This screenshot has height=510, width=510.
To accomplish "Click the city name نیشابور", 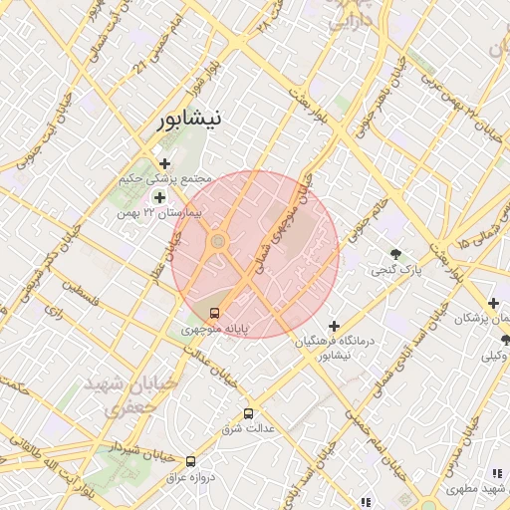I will (191, 119).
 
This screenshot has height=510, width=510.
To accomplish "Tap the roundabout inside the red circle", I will (218, 241).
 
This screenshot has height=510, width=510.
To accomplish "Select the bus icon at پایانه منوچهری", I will (216, 312).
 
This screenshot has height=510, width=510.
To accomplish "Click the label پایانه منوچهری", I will (214, 328).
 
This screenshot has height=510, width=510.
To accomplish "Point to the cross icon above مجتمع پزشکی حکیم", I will (164, 163).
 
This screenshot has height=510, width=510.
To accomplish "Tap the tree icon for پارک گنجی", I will (396, 254).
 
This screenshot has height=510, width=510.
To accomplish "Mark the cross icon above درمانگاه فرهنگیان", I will (334, 326).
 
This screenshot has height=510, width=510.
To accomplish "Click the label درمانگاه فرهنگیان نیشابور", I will (334, 348).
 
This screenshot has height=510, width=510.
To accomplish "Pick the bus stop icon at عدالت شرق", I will (248, 413).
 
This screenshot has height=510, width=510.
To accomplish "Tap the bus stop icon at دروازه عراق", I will (190, 461).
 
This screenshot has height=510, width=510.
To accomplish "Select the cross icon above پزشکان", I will (493, 303).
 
